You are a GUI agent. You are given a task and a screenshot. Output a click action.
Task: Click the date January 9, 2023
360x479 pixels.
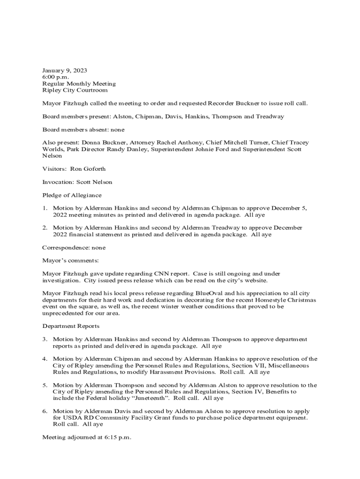tap(65, 70)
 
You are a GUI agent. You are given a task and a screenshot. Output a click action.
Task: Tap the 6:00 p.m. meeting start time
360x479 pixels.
tap(56, 77)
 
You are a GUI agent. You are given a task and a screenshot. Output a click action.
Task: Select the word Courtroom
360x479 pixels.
tap(92, 90)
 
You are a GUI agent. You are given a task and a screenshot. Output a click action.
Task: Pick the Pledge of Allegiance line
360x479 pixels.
tap(72, 195)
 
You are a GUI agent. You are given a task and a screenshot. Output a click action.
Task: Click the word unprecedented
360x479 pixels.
tap(63, 313)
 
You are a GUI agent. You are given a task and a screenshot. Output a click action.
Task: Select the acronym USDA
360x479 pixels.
tap(62, 418)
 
